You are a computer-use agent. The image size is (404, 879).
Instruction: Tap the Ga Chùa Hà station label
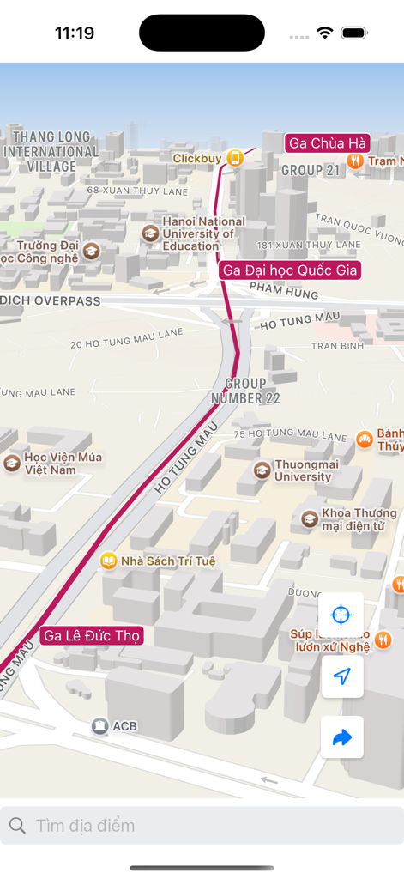pos(327,142)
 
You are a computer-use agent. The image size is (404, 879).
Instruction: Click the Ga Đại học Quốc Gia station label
pos(289,270)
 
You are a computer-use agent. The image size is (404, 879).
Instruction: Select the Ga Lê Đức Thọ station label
pos(91,636)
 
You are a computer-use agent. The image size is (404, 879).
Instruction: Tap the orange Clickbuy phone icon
pos(234,158)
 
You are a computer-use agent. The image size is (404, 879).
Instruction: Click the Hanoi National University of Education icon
pos(150,233)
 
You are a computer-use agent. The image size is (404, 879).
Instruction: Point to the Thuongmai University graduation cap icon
pos(262,470)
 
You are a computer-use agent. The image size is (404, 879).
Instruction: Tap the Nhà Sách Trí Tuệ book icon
pos(109,561)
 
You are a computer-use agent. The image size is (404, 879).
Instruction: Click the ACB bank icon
pos(100,726)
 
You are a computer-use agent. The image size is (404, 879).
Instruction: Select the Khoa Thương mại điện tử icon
pos(310,518)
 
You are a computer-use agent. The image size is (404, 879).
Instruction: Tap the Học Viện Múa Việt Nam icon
pos(12,464)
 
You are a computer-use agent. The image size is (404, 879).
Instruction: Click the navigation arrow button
pos(341,676)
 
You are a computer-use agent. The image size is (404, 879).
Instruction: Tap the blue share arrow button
pos(341,737)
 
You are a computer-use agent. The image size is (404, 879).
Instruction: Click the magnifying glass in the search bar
pos(17,826)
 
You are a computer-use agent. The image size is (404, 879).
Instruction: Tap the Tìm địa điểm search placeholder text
pos(85,826)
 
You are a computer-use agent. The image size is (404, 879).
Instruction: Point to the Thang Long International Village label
pos(51,151)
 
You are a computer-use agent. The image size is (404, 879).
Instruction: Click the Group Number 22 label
pos(245,391)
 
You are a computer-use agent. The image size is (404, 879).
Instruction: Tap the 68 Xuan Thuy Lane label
pos(137,191)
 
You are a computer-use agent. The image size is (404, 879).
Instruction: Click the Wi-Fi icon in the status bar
pos(324,33)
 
